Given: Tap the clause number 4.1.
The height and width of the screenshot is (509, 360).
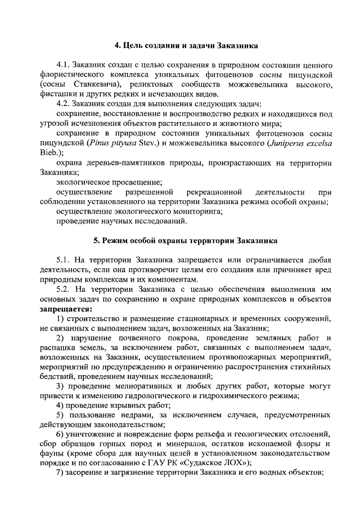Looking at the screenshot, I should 66,65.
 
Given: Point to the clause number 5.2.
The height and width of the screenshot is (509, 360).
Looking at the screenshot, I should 66,289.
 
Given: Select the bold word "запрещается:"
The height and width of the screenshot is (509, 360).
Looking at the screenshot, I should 66,308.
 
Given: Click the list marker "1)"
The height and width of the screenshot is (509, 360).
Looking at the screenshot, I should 61,318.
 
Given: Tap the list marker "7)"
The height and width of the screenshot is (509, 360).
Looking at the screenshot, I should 61,474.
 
